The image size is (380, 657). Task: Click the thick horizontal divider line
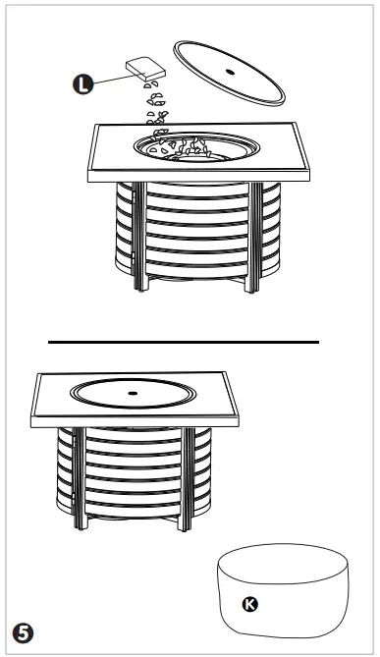click(x=184, y=342)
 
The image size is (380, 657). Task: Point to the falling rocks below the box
click(x=155, y=102)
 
